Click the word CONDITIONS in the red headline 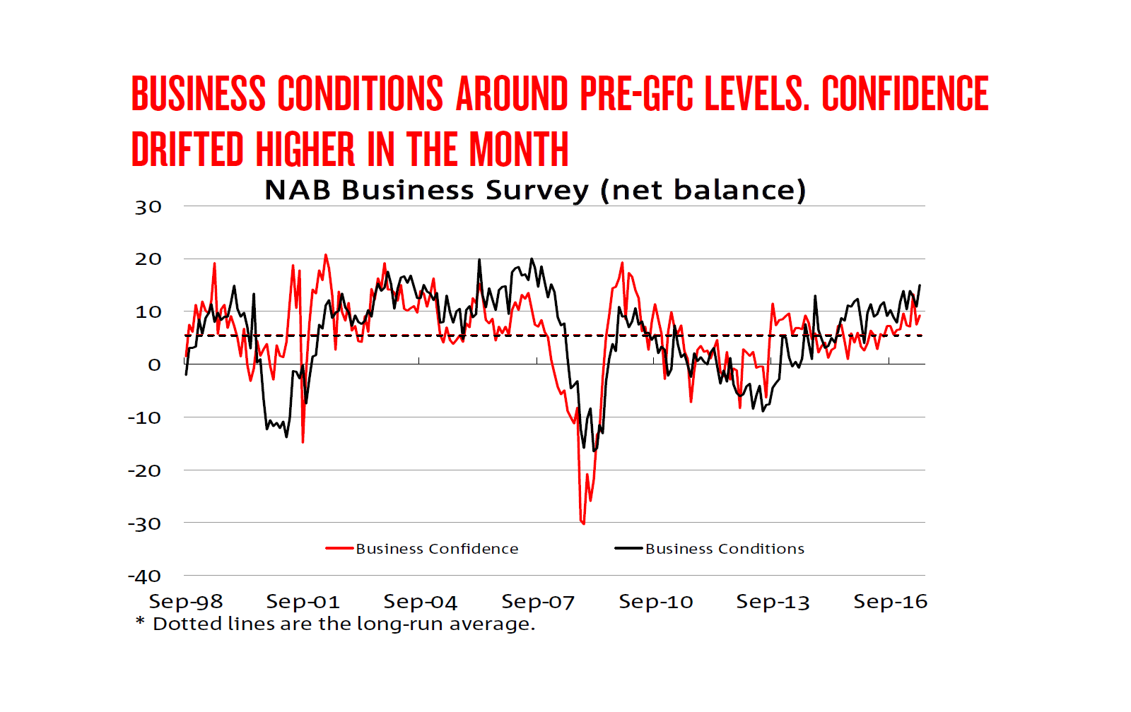tap(360, 94)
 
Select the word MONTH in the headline tap(519, 150)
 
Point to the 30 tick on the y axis tap(148, 208)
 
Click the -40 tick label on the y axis tap(145, 576)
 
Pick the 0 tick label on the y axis tap(154, 365)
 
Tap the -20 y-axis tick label tap(145, 470)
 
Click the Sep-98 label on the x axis tap(185, 602)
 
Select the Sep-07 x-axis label tap(537, 602)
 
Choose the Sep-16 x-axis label tap(890, 602)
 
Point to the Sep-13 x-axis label tap(773, 602)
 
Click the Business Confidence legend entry tap(436, 549)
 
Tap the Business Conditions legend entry tap(724, 549)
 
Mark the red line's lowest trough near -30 tap(583, 523)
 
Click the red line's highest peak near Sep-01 tap(325, 255)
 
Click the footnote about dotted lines tap(344, 624)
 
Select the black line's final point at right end tap(920, 285)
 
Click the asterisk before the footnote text tap(140, 622)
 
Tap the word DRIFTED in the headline tap(187, 150)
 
